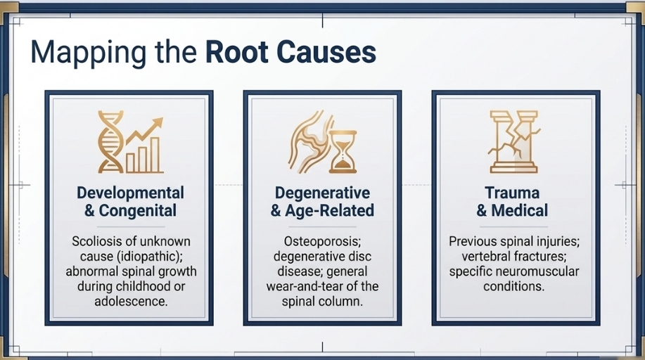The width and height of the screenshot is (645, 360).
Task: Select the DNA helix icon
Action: click(x=110, y=141)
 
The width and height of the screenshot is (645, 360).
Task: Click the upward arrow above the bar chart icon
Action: click(x=145, y=131)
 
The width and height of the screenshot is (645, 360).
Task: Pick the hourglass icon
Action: click(x=343, y=152)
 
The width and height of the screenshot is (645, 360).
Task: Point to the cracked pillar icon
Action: click(x=514, y=141)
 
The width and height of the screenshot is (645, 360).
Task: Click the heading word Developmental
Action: click(x=130, y=193)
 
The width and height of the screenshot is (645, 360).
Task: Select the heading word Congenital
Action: click(x=138, y=210)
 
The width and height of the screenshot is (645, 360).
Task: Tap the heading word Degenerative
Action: click(x=322, y=193)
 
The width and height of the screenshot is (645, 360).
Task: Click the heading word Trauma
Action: click(x=512, y=193)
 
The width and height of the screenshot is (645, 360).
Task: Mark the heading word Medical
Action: click(x=520, y=210)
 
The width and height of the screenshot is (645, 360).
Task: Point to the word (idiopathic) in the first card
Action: click(x=150, y=257)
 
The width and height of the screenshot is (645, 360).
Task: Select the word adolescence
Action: click(x=131, y=301)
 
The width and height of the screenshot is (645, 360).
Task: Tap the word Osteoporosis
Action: click(x=322, y=241)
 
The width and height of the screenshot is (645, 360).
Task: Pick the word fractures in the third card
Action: click(x=540, y=257)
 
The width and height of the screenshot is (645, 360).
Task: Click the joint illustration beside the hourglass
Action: click(x=309, y=141)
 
